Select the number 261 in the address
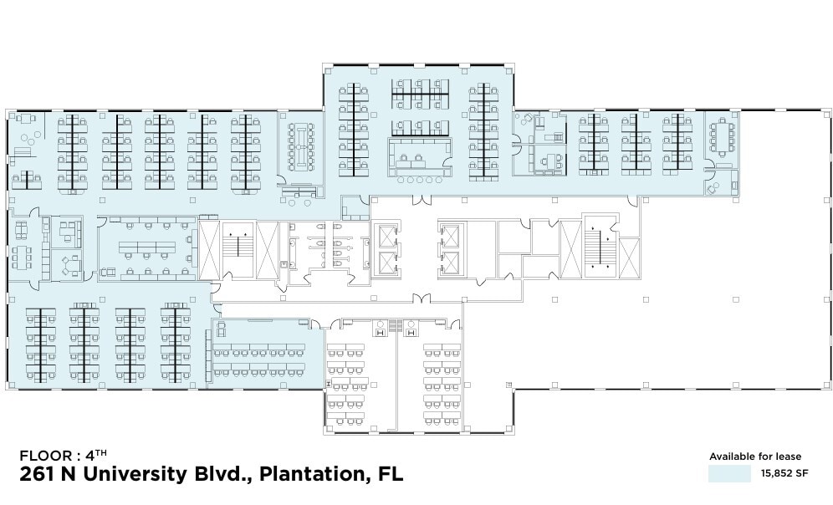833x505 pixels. (38, 474)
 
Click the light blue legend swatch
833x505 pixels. (729, 473)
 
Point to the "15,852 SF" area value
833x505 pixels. (784, 473)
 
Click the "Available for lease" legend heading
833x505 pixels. (755, 457)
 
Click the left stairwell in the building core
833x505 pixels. (238, 250)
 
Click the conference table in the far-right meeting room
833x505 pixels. (721, 138)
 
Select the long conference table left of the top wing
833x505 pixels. (301, 145)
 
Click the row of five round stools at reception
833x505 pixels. (418, 180)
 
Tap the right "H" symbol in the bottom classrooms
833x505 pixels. (411, 332)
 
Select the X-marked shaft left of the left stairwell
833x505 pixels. (209, 250)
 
